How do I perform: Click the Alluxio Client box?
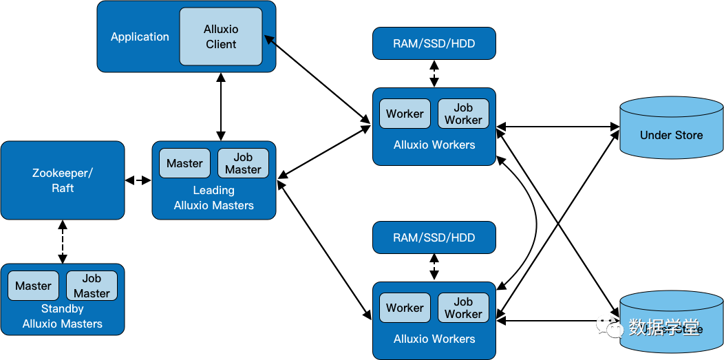click(220, 36)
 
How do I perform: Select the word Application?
click(140, 37)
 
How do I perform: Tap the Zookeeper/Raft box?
click(63, 180)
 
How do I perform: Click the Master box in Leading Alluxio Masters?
click(184, 163)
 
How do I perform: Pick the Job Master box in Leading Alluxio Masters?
click(243, 163)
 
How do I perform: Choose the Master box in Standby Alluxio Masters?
click(33, 286)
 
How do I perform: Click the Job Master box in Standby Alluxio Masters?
click(92, 286)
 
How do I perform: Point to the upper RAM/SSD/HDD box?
click(434, 43)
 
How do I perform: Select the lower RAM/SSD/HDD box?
click(434, 237)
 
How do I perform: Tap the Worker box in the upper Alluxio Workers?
click(405, 114)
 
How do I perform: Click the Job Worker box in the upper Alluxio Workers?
click(463, 114)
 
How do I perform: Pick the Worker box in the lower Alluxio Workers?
click(405, 308)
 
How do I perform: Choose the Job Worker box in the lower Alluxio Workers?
click(463, 308)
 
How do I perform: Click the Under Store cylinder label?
click(671, 135)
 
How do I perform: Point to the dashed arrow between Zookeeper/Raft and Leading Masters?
click(138, 180)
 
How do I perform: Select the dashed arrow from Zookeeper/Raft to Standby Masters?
click(63, 241)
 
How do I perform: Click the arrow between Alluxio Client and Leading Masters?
click(220, 107)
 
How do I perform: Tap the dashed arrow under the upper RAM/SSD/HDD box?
click(434, 74)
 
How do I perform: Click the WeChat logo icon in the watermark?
click(610, 326)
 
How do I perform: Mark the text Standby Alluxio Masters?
click(63, 317)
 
